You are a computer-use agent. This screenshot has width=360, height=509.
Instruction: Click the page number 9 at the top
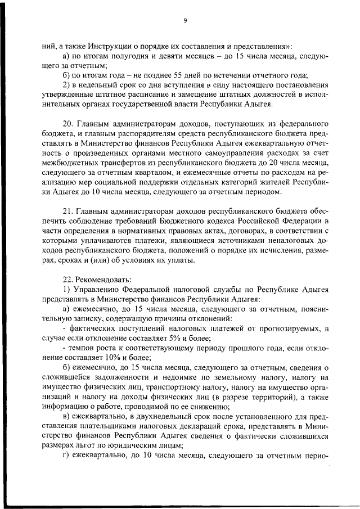pos(184,21)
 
